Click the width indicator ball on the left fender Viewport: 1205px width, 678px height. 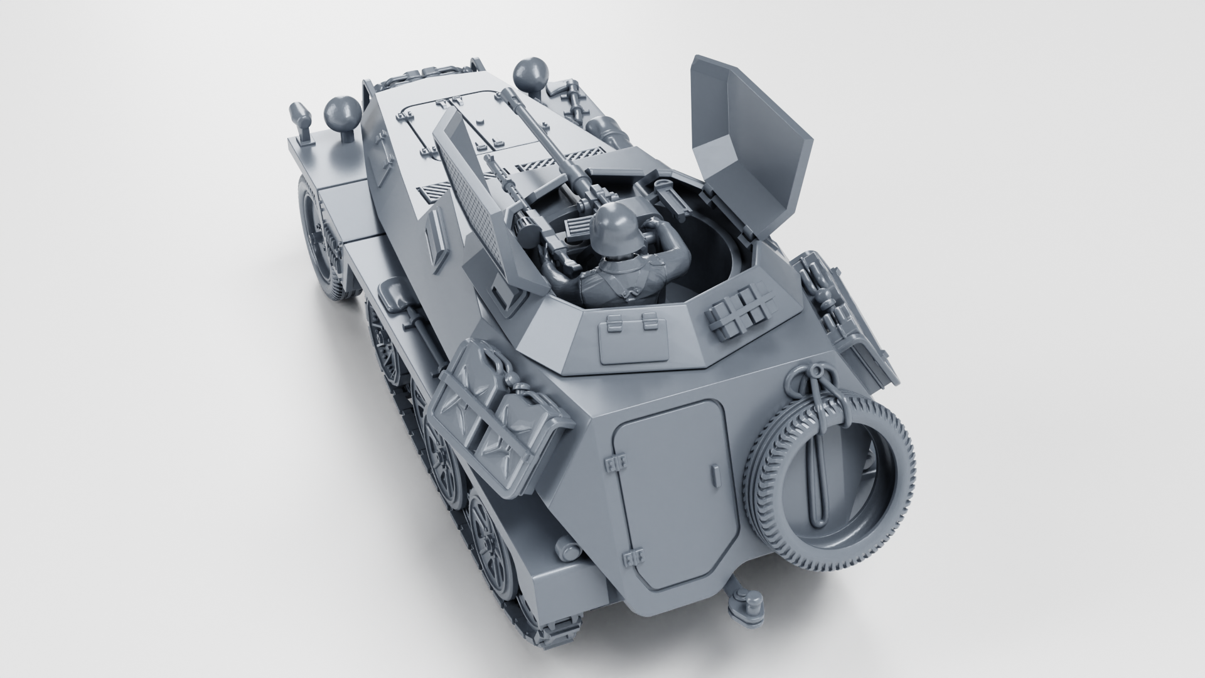point(343,114)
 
